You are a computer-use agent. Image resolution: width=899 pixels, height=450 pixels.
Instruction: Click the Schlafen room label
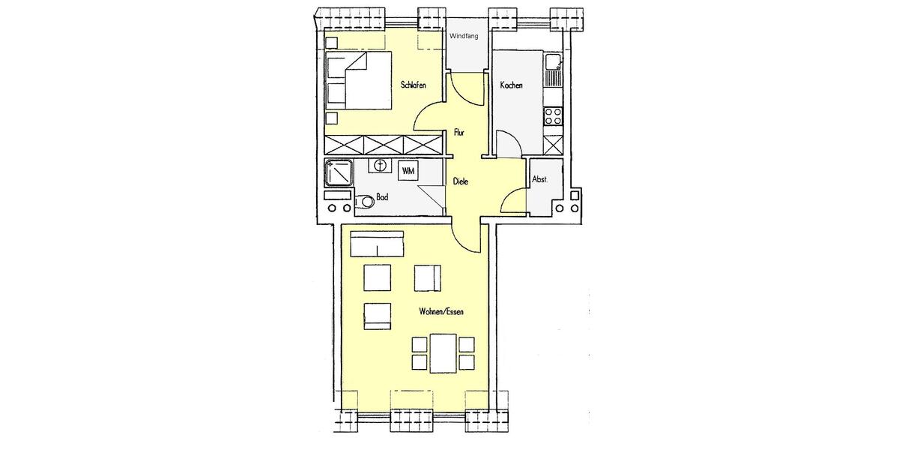pyautogui.click(x=413, y=85)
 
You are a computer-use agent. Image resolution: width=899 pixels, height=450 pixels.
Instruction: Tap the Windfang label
pyautogui.click(x=464, y=36)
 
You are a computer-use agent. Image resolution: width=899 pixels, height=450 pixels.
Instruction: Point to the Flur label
pyautogui.click(x=460, y=133)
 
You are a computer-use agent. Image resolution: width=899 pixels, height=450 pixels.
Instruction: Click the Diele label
pyautogui.click(x=460, y=181)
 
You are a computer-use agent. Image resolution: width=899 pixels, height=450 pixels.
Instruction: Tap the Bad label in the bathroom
pyautogui.click(x=382, y=198)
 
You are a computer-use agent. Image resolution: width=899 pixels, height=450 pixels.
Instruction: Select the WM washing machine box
pyautogui.click(x=408, y=172)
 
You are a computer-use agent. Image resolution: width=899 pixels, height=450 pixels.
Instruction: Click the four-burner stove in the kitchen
pyautogui.click(x=553, y=116)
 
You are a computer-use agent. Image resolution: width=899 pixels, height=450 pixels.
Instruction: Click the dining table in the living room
pyautogui.click(x=443, y=353)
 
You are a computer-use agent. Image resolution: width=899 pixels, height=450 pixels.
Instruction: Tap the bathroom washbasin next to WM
pyautogui.click(x=380, y=164)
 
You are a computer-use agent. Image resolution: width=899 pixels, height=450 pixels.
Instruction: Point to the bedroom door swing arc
pyautogui.click(x=429, y=112)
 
